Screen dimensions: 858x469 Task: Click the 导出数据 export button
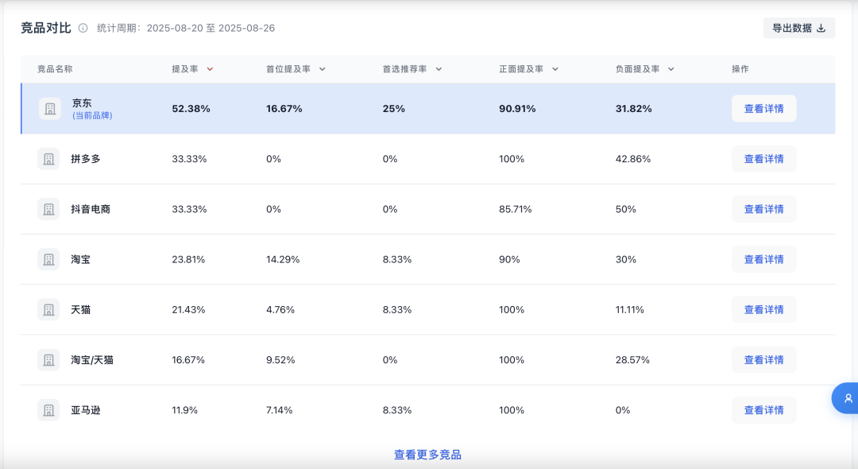[x=799, y=28]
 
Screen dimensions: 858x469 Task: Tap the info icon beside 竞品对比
[x=83, y=28]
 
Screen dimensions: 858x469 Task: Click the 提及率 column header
[x=185, y=69]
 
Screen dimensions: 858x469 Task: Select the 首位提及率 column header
[x=288, y=69]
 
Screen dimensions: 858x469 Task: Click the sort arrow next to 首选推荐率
[x=439, y=69]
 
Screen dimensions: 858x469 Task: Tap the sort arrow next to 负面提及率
[x=671, y=69]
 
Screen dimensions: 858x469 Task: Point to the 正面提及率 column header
[x=521, y=69]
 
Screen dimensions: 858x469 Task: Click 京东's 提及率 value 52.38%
[x=191, y=109]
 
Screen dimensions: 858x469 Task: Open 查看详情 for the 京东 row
[x=764, y=108]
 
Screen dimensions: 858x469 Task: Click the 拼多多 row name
[x=85, y=159]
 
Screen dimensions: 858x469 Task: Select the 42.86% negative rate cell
[x=633, y=159]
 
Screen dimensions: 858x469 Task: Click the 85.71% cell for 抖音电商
[x=516, y=209]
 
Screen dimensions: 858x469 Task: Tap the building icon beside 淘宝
[x=48, y=259]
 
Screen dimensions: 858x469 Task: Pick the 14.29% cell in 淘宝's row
[x=283, y=259]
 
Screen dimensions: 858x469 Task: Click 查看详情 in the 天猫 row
[x=764, y=310]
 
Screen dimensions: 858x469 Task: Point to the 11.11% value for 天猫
[x=630, y=310]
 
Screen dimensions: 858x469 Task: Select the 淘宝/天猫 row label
[x=92, y=360]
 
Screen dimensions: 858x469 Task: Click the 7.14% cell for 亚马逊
[x=279, y=410]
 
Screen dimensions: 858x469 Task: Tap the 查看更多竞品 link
[x=427, y=455]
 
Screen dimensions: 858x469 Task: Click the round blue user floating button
[x=846, y=398]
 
